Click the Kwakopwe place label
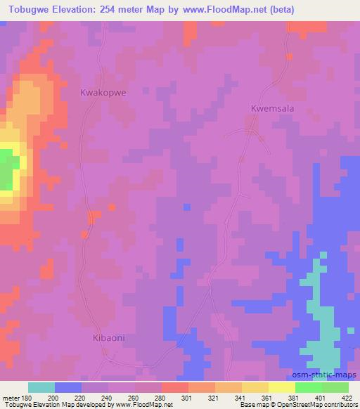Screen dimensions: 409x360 103,92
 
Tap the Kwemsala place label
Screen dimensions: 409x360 271,109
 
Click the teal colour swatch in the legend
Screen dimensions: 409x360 41,387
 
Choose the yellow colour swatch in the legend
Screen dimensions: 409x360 281,387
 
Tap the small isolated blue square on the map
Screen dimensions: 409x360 186,207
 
